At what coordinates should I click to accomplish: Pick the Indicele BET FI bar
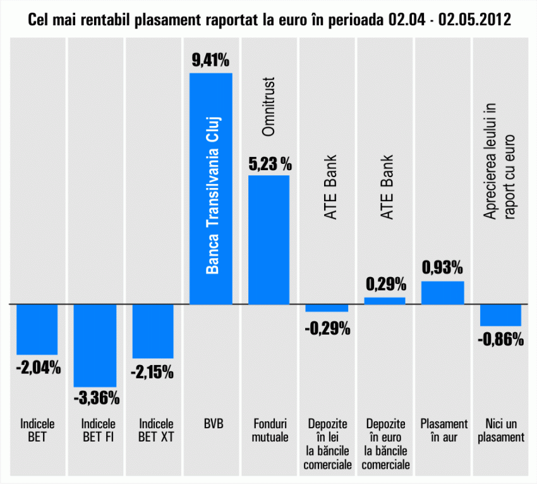coord(95,345)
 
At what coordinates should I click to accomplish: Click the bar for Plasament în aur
coord(442,292)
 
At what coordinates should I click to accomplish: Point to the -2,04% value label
coord(37,367)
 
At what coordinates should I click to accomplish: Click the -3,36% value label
coord(95,398)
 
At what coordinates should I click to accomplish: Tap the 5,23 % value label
coord(269,164)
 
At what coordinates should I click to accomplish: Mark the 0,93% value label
coord(442,268)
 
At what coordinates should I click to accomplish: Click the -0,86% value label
coord(501,339)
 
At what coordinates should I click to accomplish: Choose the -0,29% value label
coord(327,329)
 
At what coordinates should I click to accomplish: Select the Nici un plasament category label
coord(501,430)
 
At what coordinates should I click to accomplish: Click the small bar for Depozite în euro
coord(385,301)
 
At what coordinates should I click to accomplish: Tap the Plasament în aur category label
coord(443,430)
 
